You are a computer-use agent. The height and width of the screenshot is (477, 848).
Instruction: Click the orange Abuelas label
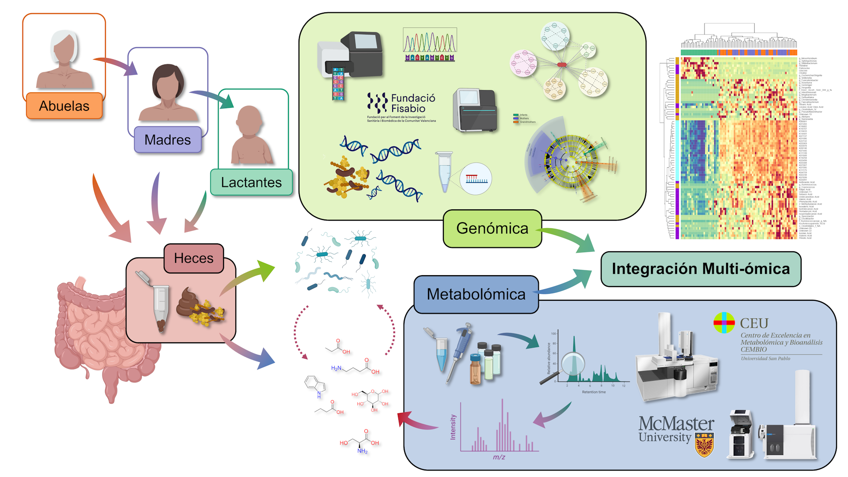64,106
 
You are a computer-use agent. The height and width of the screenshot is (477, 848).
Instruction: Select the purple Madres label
167,140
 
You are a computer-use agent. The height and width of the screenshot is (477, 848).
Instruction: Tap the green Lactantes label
251,182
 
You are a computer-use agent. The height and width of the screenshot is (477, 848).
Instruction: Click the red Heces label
193,258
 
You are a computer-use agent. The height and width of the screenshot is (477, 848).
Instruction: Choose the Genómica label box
492,228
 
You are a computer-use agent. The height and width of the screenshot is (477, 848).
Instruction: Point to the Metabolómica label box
476,294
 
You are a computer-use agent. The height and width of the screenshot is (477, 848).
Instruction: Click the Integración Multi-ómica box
700,269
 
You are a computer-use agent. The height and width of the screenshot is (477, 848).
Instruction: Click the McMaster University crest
704,444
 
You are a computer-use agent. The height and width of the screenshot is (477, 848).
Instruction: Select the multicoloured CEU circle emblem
724,322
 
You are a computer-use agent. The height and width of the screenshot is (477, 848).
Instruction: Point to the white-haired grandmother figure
64,60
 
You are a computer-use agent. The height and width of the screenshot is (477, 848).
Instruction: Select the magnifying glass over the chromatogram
572,365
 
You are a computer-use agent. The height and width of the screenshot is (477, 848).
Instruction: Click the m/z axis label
499,457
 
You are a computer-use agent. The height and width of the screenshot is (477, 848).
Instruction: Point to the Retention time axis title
594,392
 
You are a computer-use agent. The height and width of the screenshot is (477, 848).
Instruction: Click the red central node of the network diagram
561,64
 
